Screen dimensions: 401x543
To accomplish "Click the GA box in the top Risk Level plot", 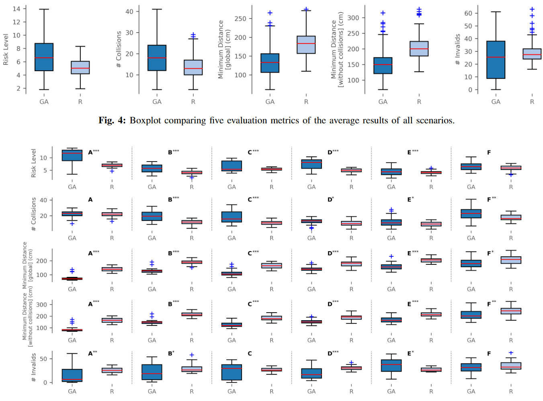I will [44, 57].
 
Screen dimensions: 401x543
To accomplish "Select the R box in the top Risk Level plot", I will [80, 68].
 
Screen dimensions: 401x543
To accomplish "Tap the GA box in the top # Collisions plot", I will [157, 58].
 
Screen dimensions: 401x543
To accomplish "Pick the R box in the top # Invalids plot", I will [532, 54].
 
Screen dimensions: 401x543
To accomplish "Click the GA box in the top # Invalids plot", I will [496, 59].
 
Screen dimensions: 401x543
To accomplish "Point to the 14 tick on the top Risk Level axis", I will [16, 9].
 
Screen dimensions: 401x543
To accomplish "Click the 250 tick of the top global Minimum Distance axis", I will [240, 18].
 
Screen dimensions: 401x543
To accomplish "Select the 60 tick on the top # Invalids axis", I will [468, 13].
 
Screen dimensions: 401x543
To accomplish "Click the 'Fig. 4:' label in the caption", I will [112, 121].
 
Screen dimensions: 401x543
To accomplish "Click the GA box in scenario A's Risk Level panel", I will [72, 155].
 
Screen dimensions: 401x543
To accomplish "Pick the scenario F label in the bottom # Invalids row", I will [489, 354].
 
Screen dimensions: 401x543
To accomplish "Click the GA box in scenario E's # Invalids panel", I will [391, 366].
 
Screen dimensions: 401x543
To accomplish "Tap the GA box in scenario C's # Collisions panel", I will [232, 217].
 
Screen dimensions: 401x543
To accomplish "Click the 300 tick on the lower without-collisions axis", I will [41, 305].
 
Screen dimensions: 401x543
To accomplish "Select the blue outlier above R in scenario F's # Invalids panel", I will [511, 353].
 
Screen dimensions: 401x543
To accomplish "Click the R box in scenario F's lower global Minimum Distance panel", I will [511, 260].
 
